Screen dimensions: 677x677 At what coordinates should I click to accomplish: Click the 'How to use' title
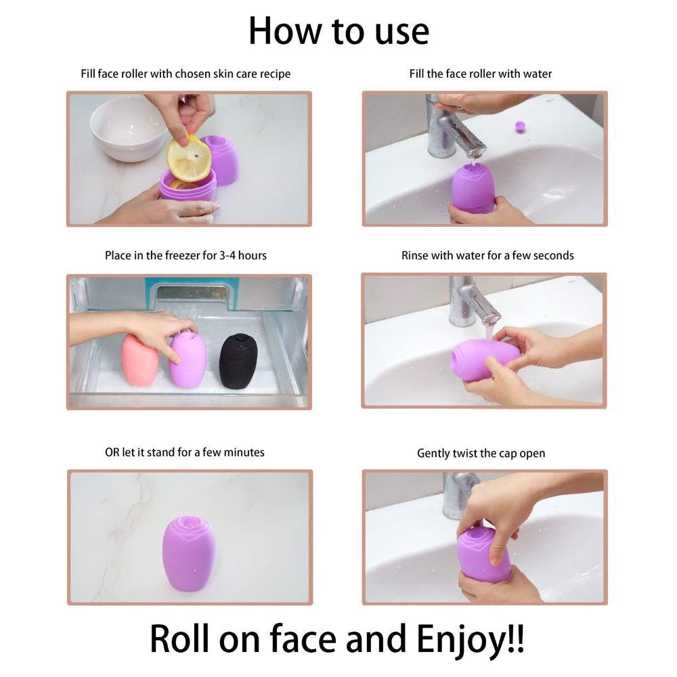point(338,31)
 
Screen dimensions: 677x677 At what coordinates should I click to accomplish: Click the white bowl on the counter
point(129,129)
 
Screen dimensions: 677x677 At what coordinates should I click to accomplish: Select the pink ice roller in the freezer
point(140,359)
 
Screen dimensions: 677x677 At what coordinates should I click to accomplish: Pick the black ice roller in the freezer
point(238,360)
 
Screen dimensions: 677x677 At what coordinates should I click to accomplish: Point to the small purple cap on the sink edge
point(520,126)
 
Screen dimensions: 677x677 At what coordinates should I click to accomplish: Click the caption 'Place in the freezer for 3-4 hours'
point(185,255)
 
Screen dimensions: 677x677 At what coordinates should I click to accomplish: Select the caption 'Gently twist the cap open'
point(481,453)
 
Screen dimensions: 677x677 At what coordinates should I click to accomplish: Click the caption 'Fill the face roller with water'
point(481,73)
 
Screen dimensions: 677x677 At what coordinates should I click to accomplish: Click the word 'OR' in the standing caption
point(112,452)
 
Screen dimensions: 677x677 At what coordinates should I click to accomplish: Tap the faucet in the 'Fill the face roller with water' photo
point(454,125)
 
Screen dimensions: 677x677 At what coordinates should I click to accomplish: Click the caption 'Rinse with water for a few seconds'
point(487,255)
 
